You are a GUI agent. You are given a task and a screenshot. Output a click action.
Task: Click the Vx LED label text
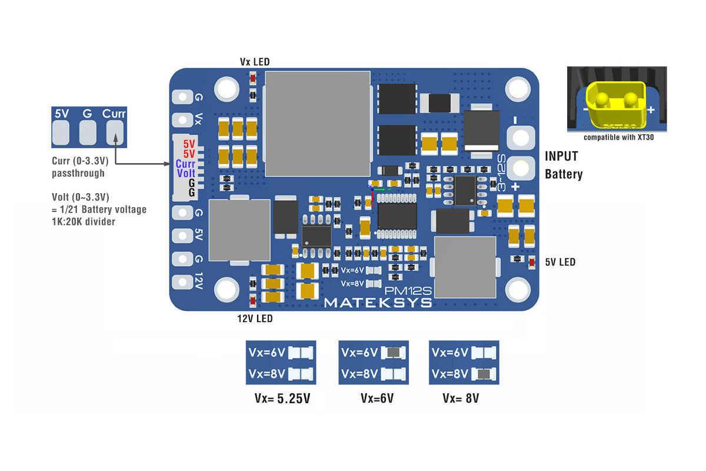click(x=254, y=62)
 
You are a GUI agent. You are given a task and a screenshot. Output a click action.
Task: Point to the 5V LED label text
click(x=560, y=262)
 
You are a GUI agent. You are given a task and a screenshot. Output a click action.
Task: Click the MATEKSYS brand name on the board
click(x=378, y=303)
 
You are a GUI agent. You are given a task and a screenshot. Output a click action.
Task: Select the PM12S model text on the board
click(x=408, y=290)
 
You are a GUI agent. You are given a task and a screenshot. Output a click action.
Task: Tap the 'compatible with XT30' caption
click(x=618, y=137)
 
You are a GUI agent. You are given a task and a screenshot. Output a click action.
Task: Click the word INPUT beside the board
click(x=561, y=157)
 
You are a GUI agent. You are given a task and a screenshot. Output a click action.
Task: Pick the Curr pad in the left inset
click(x=114, y=134)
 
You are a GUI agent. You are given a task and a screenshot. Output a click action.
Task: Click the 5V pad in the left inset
click(x=61, y=134)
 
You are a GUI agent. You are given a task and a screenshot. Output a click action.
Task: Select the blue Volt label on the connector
click(x=186, y=174)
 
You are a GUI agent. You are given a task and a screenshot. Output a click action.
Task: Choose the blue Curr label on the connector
click(x=185, y=164)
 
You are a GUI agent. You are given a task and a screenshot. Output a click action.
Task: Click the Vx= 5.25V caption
click(x=282, y=399)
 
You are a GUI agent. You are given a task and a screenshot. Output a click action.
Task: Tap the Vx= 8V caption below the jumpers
click(x=461, y=399)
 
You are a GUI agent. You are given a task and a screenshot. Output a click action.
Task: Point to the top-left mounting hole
click(x=226, y=88)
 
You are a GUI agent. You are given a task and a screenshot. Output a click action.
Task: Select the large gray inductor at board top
click(x=318, y=124)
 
